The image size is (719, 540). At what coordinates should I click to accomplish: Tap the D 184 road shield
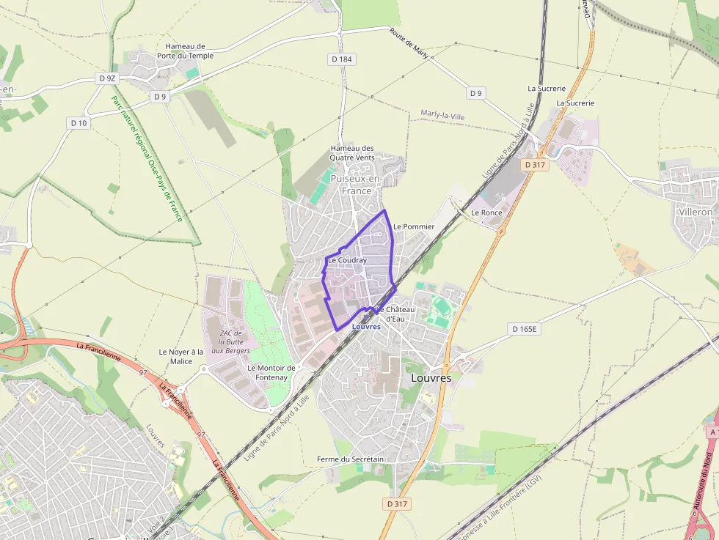tap(342, 59)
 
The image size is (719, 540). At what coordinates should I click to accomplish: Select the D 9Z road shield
tap(107, 78)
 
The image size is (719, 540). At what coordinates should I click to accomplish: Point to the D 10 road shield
tap(79, 123)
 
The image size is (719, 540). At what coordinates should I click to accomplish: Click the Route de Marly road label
tap(409, 45)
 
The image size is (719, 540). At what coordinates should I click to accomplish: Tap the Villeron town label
tap(696, 212)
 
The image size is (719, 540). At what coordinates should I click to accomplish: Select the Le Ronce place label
tap(486, 212)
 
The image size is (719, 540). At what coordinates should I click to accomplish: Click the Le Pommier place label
tap(414, 226)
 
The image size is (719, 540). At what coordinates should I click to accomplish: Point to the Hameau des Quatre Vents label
tap(352, 152)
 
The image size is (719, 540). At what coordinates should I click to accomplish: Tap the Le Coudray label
tap(347, 260)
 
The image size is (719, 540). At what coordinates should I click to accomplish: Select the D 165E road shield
tap(525, 330)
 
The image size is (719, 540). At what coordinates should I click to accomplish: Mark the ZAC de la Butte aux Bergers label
tap(231, 342)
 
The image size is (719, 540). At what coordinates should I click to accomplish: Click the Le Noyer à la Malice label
tap(181, 356)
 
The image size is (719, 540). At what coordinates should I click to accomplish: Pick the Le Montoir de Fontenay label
tap(271, 372)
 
